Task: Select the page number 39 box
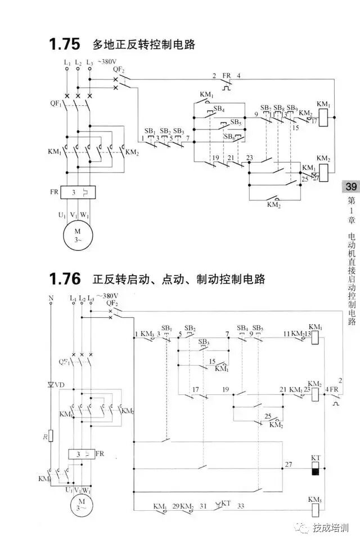(350, 187)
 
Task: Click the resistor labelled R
(51, 435)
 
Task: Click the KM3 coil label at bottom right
(315, 500)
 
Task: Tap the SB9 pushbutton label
(291, 107)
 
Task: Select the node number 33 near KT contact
(240, 506)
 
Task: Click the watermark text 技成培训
(331, 527)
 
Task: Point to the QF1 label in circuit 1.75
(54, 104)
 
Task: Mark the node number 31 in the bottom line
(204, 506)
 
